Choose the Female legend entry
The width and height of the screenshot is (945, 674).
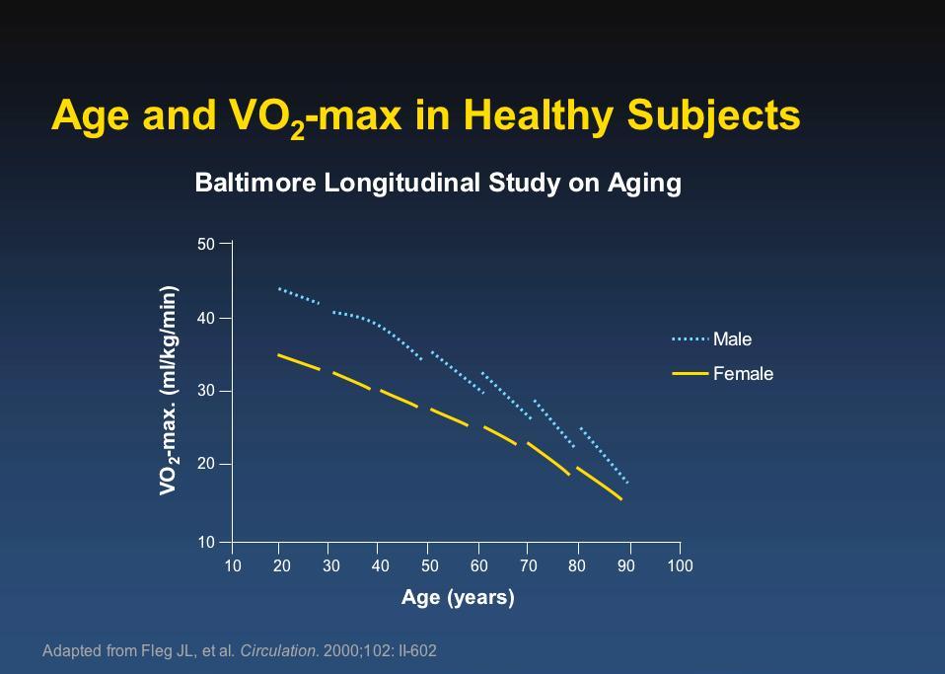pos(723,374)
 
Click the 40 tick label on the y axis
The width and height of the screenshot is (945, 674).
pos(206,319)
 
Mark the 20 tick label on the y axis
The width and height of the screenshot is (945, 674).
pos(206,464)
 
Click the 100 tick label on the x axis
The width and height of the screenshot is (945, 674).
pos(680,565)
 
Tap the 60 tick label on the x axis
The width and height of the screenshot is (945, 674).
pos(479,565)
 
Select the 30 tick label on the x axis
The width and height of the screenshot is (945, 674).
pos(330,565)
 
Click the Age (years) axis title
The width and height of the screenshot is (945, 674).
pos(458,597)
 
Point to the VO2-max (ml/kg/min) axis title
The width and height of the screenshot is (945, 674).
pos(169,391)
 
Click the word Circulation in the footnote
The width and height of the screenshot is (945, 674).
pos(278,651)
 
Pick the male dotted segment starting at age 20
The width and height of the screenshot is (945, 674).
pos(299,296)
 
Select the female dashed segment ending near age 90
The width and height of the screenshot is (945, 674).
pos(599,484)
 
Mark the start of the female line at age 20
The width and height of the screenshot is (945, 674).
pos(278,354)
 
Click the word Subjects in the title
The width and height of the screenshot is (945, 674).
pos(713,115)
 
